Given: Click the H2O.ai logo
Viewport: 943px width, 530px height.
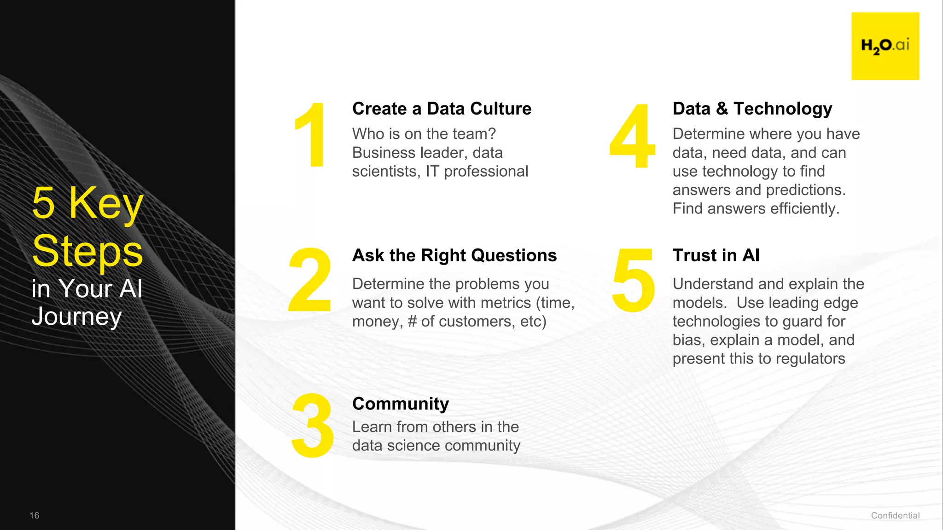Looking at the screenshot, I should [x=885, y=46].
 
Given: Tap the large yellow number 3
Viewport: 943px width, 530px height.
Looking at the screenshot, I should [x=313, y=426].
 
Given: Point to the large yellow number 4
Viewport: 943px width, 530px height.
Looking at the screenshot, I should [x=633, y=135].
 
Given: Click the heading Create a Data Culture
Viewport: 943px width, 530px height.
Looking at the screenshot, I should [x=442, y=109].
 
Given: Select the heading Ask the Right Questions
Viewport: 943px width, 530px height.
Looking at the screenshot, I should [x=454, y=255].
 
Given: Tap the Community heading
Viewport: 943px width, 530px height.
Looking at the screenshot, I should [x=400, y=403].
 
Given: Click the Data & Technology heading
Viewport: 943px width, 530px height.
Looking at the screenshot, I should [x=752, y=109].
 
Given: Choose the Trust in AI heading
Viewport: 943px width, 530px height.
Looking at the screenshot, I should [x=716, y=255].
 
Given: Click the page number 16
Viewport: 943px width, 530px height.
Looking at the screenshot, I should [x=35, y=515].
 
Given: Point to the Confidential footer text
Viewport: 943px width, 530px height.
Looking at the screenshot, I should [x=895, y=515].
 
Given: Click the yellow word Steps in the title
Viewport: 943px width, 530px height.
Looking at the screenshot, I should [x=87, y=251].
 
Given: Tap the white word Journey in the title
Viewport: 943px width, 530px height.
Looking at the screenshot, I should [x=76, y=317].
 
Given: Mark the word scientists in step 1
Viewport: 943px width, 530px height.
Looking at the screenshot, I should [x=386, y=171].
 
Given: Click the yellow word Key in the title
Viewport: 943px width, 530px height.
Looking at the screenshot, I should [x=106, y=203].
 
